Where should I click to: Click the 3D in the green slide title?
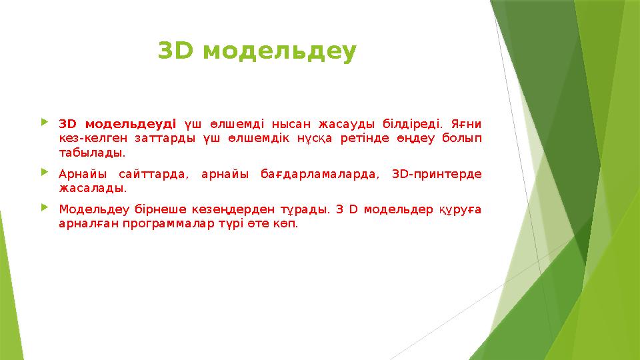[175, 50]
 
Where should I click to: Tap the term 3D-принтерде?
[437, 174]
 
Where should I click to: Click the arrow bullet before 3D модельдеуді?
[45, 123]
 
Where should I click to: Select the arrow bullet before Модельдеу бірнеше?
[45, 208]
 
